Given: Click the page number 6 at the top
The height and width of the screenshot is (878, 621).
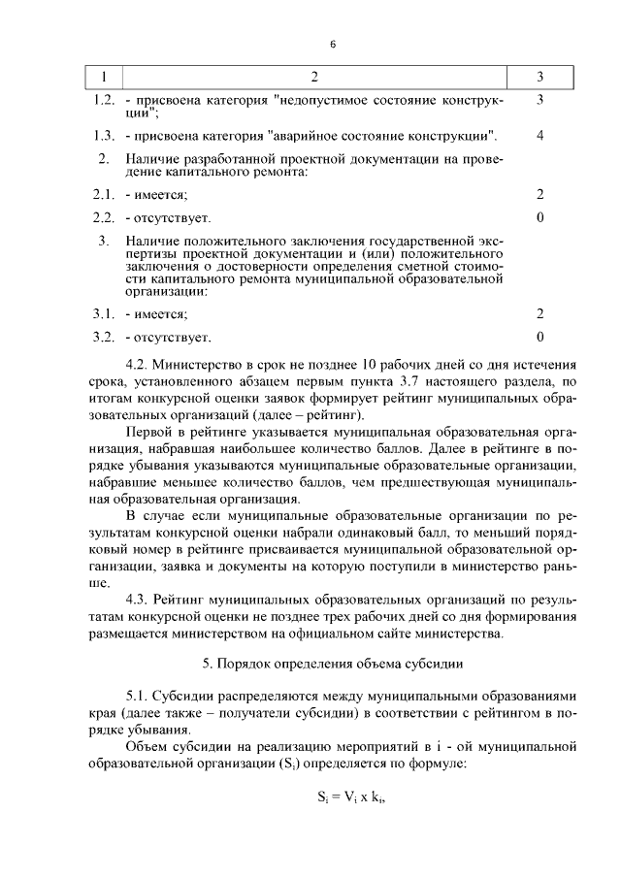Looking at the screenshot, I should (332, 45).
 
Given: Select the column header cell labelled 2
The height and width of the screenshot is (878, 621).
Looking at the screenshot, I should (313, 77).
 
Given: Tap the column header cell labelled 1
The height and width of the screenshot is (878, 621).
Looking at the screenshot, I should (105, 77).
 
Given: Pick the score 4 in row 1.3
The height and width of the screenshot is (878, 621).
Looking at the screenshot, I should (539, 134).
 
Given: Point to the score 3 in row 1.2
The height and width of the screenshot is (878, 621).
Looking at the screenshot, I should (539, 100).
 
